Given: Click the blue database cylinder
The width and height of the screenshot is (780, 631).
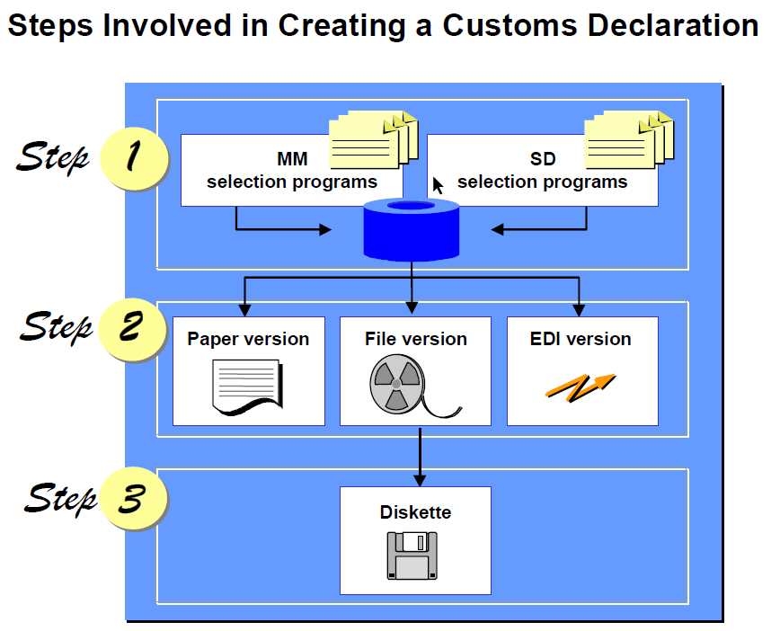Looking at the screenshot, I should click(411, 231).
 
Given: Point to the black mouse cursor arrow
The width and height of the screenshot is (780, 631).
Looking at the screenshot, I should click(438, 185).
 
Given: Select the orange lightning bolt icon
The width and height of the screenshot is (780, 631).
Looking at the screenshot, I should click(581, 385).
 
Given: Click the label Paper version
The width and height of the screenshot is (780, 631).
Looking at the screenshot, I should click(248, 339).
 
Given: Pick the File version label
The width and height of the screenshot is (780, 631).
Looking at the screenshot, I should click(416, 339).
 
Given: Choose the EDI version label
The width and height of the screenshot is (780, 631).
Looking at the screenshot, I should click(581, 339).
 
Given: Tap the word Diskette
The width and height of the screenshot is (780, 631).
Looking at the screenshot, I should click(415, 512).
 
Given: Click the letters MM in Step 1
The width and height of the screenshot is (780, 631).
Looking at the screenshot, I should click(293, 160).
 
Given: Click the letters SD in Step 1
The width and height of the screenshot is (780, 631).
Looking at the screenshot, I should click(543, 160).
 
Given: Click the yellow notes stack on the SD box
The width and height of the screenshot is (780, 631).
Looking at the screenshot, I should click(628, 140).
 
